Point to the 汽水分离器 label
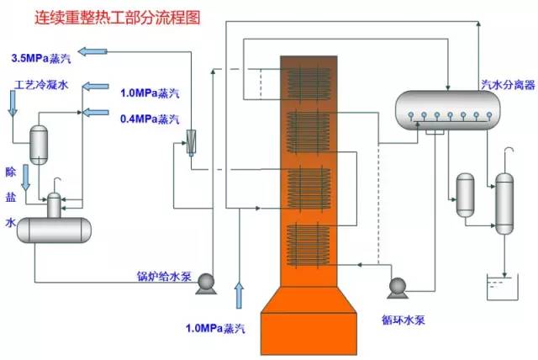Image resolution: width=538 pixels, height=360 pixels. [502, 83]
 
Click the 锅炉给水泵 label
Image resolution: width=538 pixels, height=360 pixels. [165, 276]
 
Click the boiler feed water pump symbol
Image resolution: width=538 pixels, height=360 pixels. [204, 287]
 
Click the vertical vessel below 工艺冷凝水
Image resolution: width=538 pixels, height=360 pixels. [39, 143]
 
